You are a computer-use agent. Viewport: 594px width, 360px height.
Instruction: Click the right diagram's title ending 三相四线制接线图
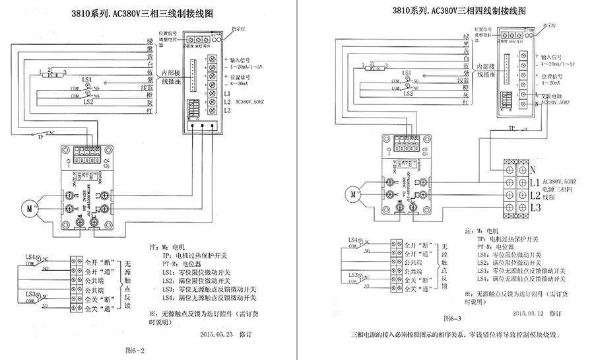pos(458,11)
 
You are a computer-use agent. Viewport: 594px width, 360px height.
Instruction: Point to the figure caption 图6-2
pos(135,349)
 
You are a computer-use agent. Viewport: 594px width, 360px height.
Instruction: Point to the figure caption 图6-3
pos(453,318)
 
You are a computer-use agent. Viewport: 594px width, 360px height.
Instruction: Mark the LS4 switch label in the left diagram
pos(30,256)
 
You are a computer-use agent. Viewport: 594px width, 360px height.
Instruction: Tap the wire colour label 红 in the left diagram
pos(151,112)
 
